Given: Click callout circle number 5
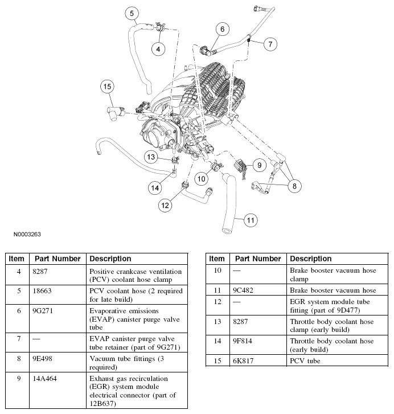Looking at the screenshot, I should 132,13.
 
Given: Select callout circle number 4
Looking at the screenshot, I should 159,49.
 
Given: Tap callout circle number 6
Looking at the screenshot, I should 222,28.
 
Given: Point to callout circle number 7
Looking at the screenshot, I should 270,43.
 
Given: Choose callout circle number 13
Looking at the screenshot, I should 151,157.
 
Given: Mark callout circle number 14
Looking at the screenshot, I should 154,187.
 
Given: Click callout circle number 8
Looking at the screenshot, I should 294,186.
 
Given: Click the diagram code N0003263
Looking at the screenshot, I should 24,233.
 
